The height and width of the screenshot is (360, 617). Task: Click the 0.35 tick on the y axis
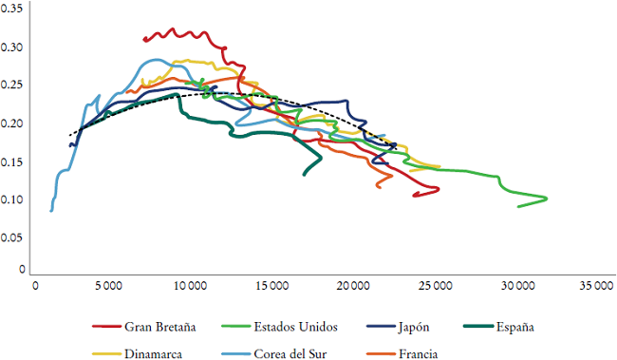point(13,9)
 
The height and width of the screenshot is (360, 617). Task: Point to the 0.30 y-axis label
point(13,47)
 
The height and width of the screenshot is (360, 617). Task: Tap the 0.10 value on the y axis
point(13,200)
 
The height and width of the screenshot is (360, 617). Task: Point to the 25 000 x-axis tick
point(434,284)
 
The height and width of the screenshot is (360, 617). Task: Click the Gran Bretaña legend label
point(160,328)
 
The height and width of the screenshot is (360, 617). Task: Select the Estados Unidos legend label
point(300,328)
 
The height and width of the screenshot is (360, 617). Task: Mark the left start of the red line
point(143,40)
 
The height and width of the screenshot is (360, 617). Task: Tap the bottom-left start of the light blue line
point(51,210)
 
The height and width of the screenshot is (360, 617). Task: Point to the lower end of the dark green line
point(304,175)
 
